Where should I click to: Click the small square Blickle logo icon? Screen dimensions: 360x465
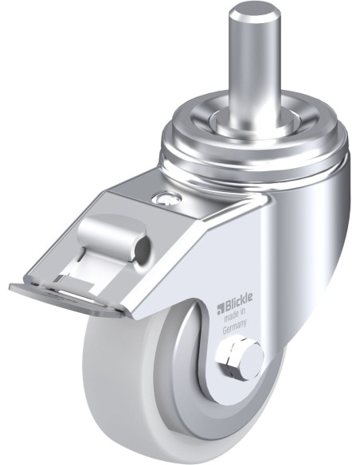click(x=221, y=309)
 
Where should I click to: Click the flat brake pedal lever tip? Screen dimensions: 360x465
click(x=65, y=297)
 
